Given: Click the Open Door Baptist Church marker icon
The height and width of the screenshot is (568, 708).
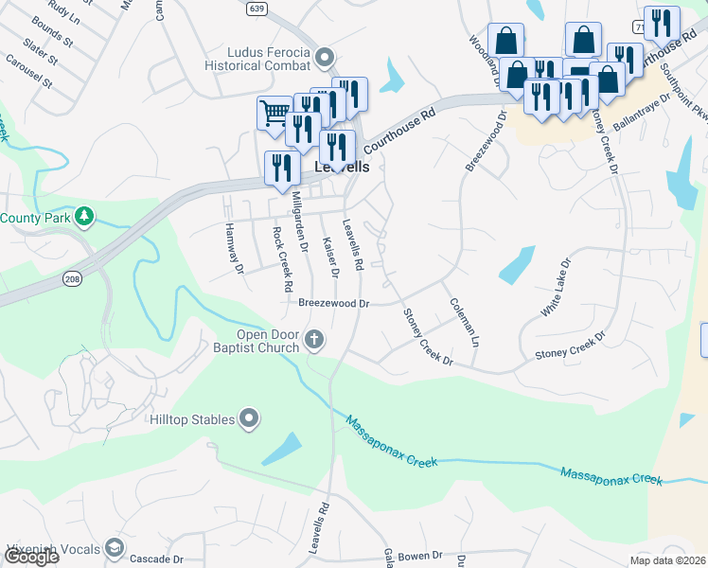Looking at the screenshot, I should [314, 339].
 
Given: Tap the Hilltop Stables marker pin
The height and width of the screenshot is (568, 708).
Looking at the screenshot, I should [250, 418].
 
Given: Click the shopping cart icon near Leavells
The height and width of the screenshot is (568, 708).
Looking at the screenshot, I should [274, 113].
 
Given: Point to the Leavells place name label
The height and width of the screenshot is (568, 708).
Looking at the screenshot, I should [341, 166].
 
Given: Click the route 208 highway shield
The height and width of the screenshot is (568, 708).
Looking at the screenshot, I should [72, 279].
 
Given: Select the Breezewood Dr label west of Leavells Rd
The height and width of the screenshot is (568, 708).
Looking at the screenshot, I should [333, 304].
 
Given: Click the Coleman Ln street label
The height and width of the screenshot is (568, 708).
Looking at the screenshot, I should [466, 322].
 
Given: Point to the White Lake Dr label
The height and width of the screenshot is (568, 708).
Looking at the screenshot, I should [557, 286].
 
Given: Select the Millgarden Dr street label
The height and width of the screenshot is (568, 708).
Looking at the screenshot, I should [300, 221].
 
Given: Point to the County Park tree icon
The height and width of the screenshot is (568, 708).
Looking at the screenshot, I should [84, 217].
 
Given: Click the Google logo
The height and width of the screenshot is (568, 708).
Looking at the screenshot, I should [31, 557].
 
